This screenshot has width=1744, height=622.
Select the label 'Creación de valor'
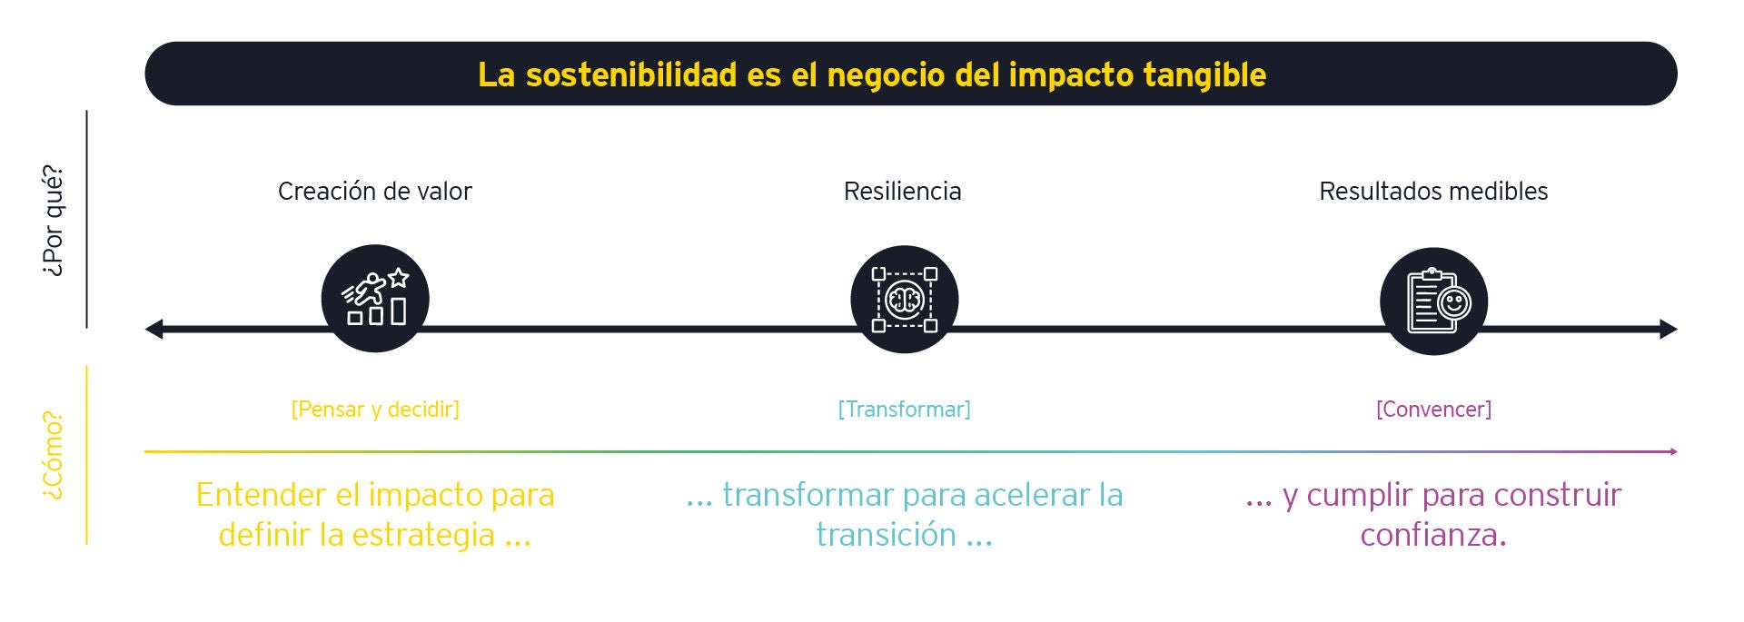[x=374, y=192]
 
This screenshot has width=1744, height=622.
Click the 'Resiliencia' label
[x=902, y=192]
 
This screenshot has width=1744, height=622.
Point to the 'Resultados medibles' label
[x=1432, y=192]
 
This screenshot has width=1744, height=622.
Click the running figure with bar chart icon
[x=374, y=300]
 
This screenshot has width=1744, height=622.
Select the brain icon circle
[x=904, y=300]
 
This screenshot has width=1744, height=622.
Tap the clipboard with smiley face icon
[x=1433, y=301]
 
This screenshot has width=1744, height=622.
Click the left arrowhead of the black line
[x=154, y=329]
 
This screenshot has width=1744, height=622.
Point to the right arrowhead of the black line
[x=1669, y=329]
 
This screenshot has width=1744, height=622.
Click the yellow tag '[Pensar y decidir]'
[x=374, y=410]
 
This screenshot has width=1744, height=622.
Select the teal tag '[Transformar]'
[x=904, y=410]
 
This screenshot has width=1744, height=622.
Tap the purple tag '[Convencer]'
[x=1433, y=410]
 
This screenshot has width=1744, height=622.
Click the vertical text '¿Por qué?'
[x=54, y=221]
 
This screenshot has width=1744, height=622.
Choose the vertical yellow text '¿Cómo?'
[x=54, y=455]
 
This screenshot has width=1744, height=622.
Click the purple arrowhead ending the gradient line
[x=1673, y=451]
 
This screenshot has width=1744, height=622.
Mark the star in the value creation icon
[x=398, y=278]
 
